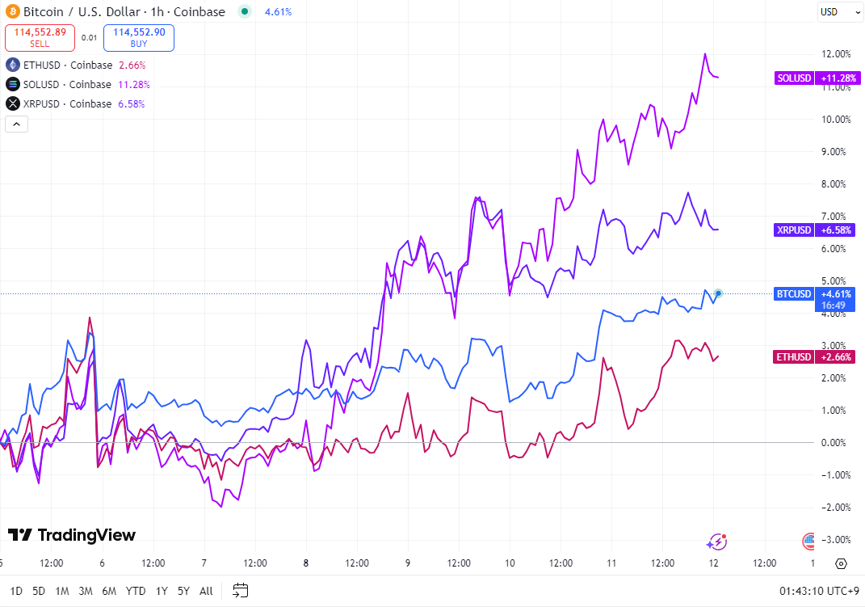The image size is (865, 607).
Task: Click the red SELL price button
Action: pos(40,37)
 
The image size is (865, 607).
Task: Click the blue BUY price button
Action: pos(139,37)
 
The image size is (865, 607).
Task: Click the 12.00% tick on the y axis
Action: pos(836,54)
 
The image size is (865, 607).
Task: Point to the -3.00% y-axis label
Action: pos(836,539)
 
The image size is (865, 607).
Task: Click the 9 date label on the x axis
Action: pos(408,563)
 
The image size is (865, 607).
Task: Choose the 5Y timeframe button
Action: pos(183,591)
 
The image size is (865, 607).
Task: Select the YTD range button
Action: pos(136,591)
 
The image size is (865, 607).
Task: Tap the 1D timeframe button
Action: pos(16,591)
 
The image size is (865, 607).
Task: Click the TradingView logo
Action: pos(72,535)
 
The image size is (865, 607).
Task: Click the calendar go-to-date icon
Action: pos(240,590)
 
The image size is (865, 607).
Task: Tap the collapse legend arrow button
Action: pos(16,124)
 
